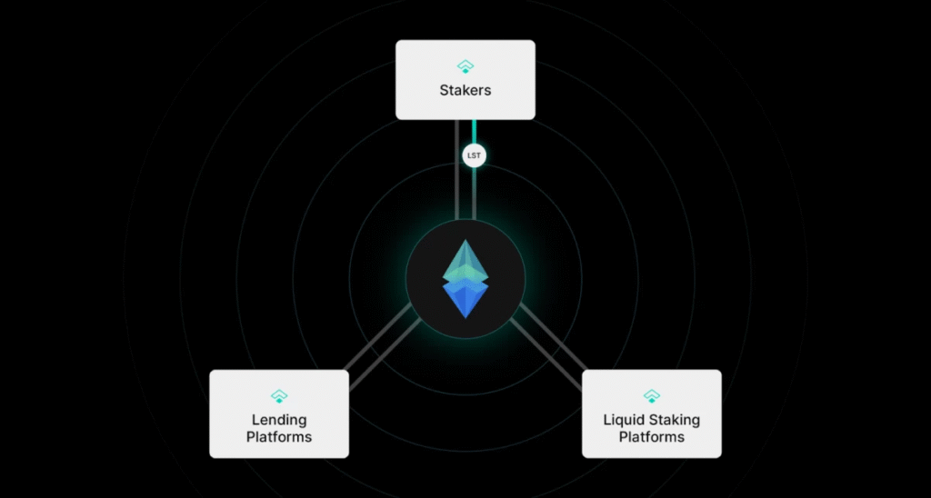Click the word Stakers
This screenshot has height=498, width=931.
(x=465, y=91)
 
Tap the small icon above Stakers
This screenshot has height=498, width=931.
(x=465, y=66)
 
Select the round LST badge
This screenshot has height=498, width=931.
(x=474, y=155)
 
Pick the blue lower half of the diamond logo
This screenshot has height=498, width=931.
(x=465, y=298)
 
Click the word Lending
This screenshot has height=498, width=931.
(x=279, y=421)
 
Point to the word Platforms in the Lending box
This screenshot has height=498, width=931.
(x=279, y=437)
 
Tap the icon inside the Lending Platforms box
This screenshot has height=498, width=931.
(x=279, y=396)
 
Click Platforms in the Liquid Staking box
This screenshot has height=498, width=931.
(x=651, y=437)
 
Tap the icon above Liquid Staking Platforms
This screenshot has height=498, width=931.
(x=651, y=396)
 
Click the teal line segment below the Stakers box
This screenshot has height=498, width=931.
(x=474, y=133)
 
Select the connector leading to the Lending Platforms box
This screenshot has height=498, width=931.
(x=382, y=350)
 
